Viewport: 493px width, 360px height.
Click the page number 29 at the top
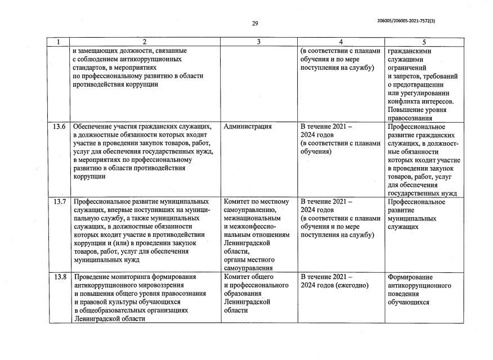(x=254, y=23)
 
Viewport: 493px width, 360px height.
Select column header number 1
(x=59, y=42)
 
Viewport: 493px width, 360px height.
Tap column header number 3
(x=259, y=42)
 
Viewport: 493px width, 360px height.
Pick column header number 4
(x=341, y=42)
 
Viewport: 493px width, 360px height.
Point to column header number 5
(x=424, y=42)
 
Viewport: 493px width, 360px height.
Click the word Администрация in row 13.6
(x=248, y=127)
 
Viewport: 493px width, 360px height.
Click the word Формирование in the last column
(x=410, y=277)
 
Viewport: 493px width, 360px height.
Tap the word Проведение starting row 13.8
(x=92, y=277)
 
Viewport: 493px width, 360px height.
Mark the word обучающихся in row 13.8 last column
(x=409, y=302)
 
